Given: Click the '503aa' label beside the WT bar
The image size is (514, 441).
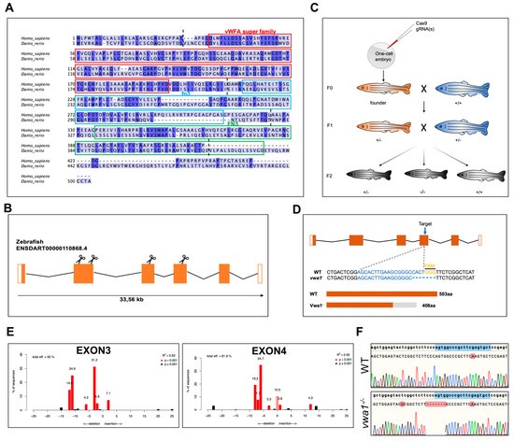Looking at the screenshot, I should [486, 295].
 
